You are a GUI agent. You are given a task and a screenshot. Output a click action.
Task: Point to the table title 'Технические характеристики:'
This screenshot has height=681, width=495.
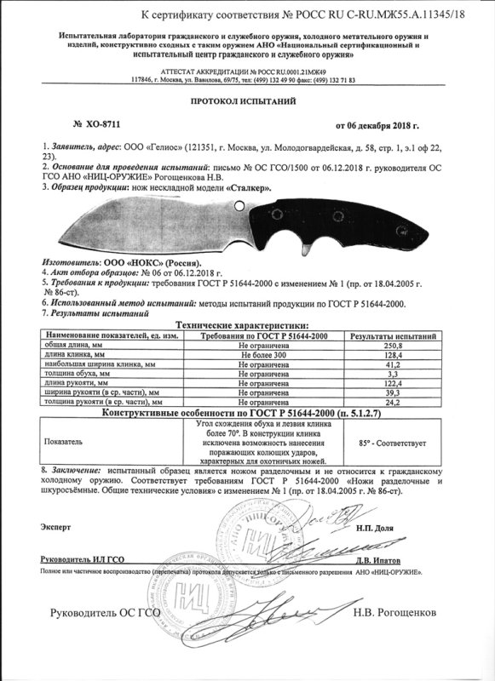(242, 327)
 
